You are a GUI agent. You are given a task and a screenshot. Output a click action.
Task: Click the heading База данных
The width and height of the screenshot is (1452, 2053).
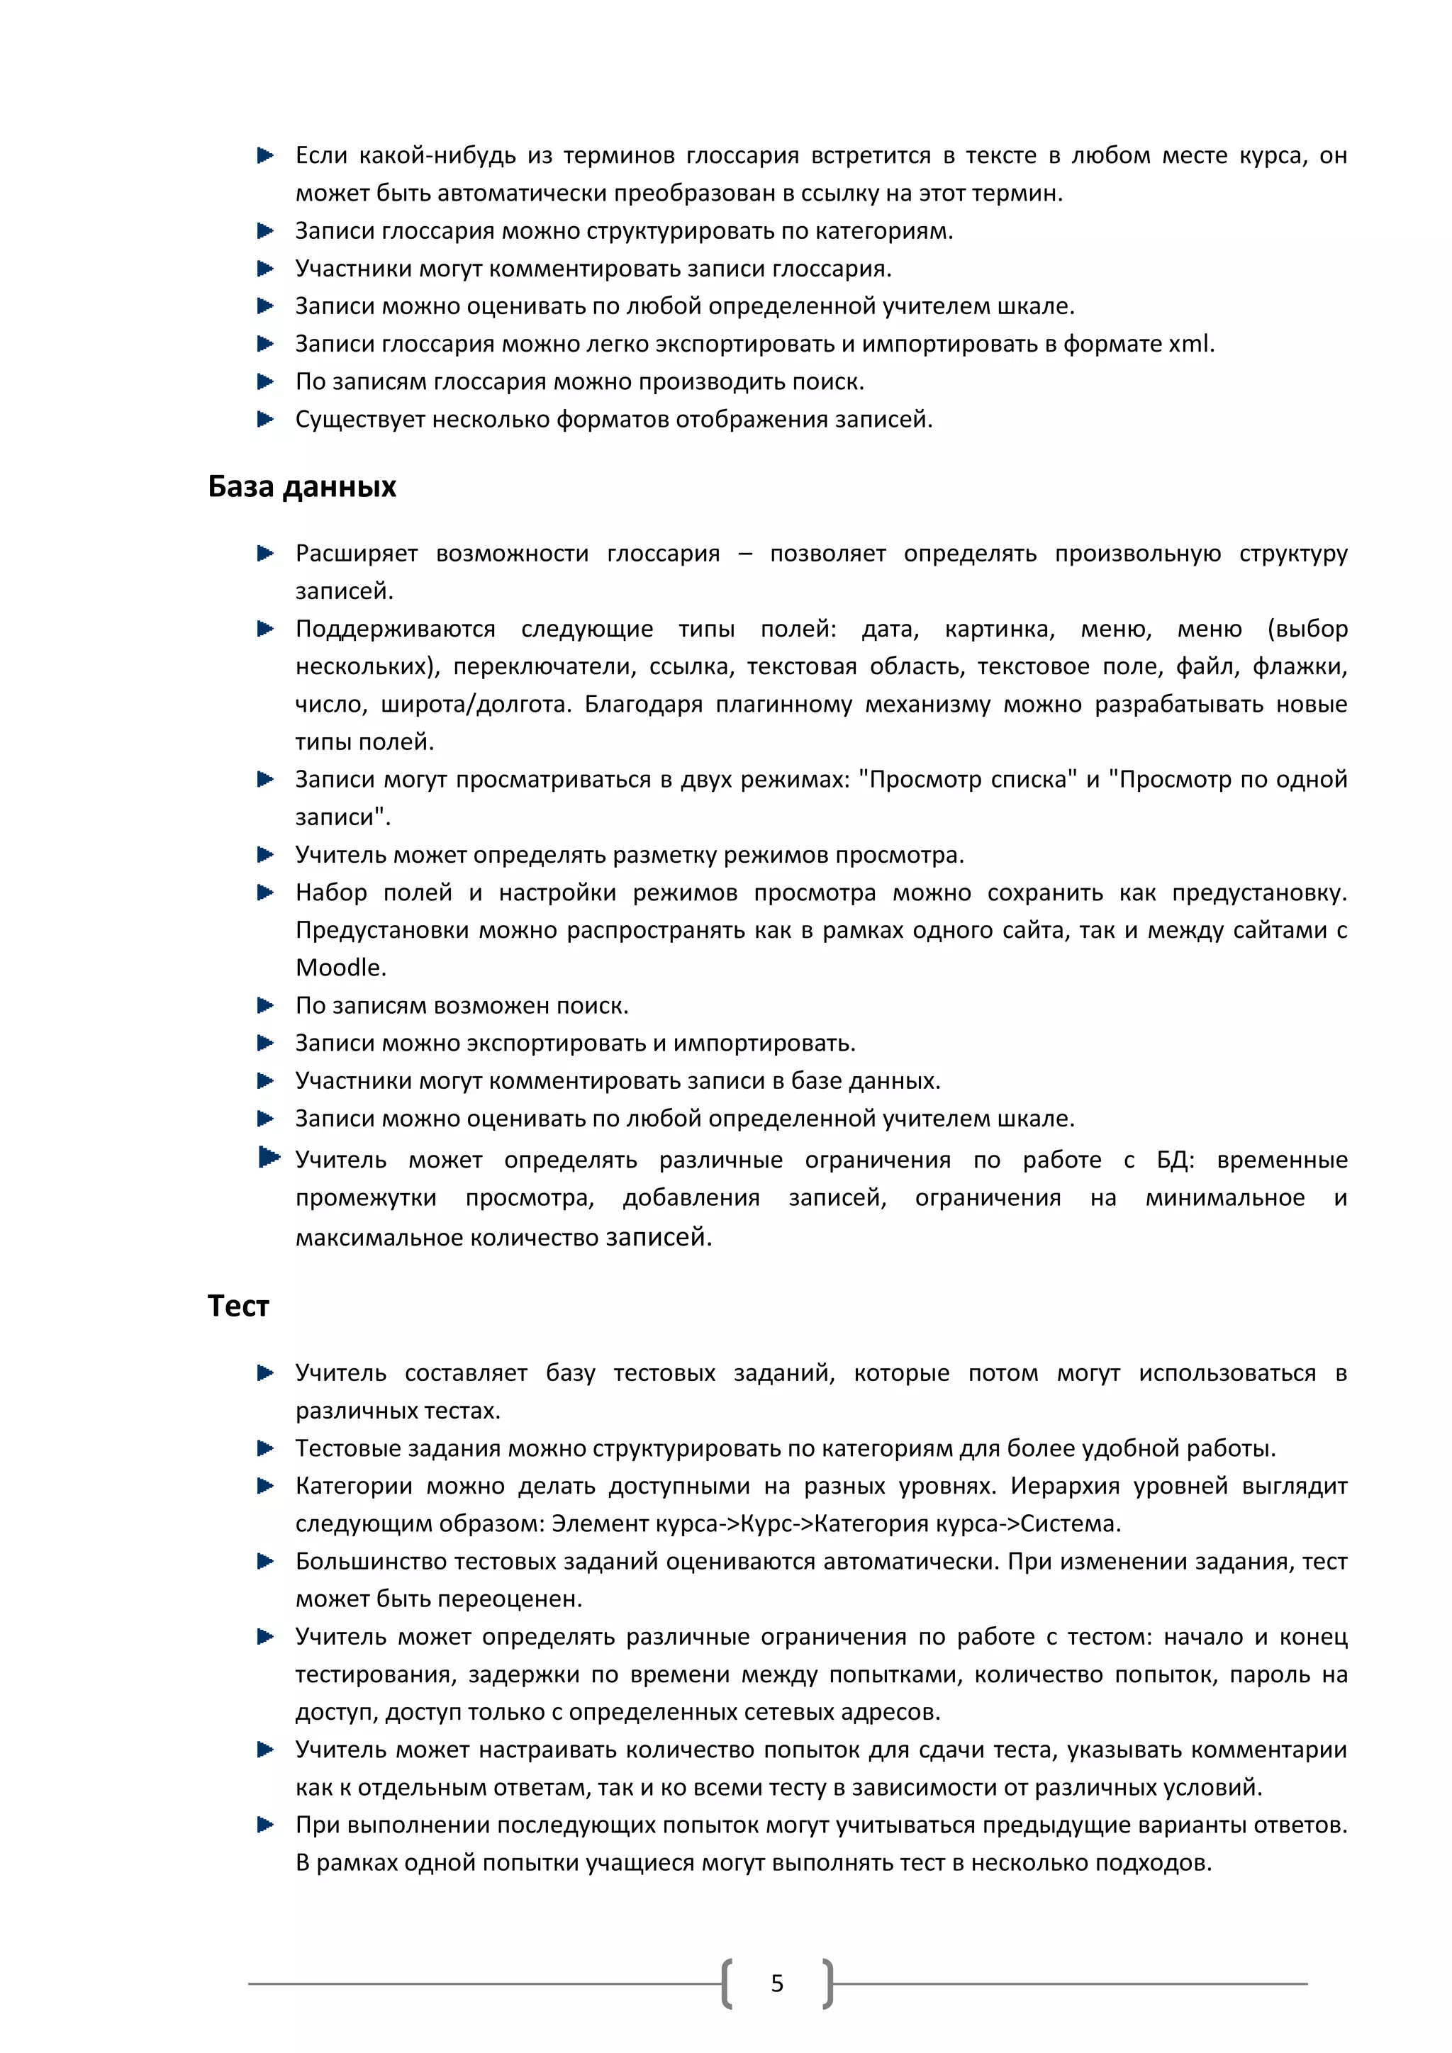pyautogui.click(x=301, y=486)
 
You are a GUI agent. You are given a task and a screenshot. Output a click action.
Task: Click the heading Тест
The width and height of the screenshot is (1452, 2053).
pyautogui.click(x=238, y=1307)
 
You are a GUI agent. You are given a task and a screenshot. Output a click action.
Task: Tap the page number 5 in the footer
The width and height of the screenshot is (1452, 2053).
pyautogui.click(x=777, y=1984)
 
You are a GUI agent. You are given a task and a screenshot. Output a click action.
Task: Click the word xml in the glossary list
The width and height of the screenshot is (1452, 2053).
pyautogui.click(x=1190, y=345)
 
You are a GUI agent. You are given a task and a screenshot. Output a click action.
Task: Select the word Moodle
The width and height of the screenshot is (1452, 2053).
pyautogui.click(x=340, y=968)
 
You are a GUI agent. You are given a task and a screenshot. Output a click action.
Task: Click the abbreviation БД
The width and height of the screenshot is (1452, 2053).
pyautogui.click(x=1174, y=1160)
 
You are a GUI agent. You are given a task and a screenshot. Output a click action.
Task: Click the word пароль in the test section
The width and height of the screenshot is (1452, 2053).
pyautogui.click(x=1268, y=1674)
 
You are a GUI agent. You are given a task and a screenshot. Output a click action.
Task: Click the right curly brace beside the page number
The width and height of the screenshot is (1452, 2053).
pyautogui.click(x=828, y=1984)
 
